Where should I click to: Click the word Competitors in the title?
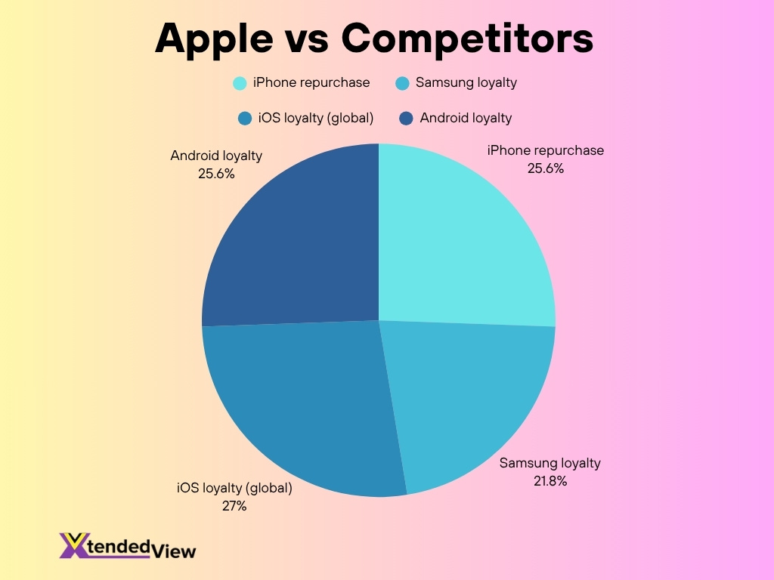pyautogui.click(x=467, y=39)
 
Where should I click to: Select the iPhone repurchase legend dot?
pyautogui.click(x=240, y=83)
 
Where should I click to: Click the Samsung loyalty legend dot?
pyautogui.click(x=402, y=83)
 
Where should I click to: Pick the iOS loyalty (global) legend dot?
pyautogui.click(x=245, y=119)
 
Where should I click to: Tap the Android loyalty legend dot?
pyautogui.click(x=406, y=119)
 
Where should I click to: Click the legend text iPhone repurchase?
pyautogui.click(x=311, y=82)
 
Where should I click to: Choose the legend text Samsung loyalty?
pyautogui.click(x=466, y=82)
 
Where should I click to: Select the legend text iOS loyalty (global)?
pyautogui.click(x=316, y=119)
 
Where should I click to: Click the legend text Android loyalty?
pyautogui.click(x=466, y=119)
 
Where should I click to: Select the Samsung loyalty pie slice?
pyautogui.click(x=464, y=394)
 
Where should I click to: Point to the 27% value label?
pyautogui.click(x=234, y=506)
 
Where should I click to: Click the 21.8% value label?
pyautogui.click(x=550, y=481)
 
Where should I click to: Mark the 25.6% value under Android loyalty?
pyautogui.click(x=216, y=174)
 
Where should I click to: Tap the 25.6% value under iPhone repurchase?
pyautogui.click(x=546, y=168)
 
